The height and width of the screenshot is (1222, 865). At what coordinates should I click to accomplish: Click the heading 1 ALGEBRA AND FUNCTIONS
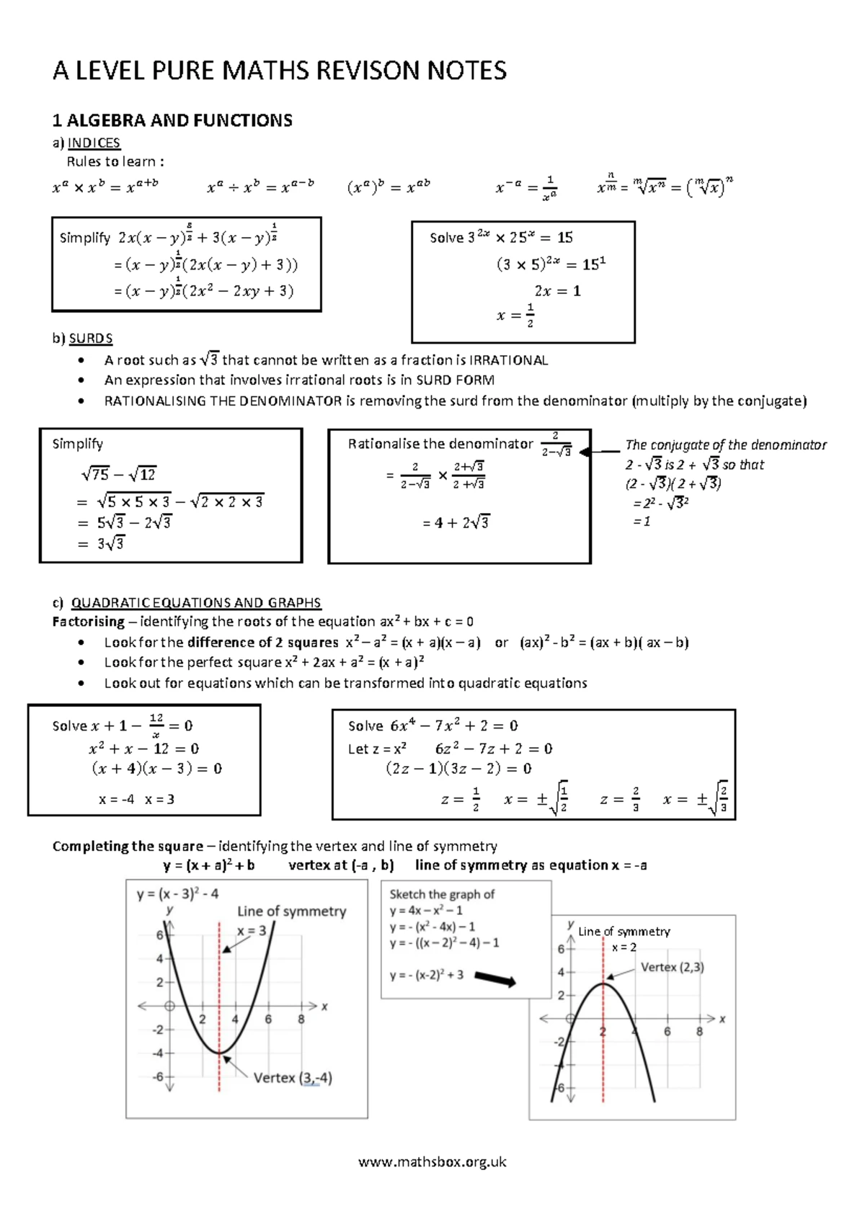point(172,120)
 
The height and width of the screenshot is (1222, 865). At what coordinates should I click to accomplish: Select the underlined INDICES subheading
point(94,143)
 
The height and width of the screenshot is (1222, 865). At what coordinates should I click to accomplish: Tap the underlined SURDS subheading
point(90,338)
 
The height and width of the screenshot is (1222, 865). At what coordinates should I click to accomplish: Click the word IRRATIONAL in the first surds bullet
point(508,360)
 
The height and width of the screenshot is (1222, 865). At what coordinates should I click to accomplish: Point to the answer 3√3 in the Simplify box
point(110,543)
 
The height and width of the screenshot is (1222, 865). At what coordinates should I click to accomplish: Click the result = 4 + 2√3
point(456,522)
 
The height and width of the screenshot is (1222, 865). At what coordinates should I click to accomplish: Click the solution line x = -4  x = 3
point(136,799)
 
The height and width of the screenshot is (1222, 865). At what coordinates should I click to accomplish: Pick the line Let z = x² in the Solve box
point(377,749)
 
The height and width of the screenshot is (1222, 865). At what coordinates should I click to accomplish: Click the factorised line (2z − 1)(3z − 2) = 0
point(458,769)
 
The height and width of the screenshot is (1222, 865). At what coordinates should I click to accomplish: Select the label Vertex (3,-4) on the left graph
point(293,1078)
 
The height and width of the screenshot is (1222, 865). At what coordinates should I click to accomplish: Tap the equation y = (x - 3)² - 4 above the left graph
point(177,894)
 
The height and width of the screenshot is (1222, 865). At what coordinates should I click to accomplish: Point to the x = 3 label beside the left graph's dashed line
point(252,930)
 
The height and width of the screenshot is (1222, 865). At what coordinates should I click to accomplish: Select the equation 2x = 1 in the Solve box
point(557,291)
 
